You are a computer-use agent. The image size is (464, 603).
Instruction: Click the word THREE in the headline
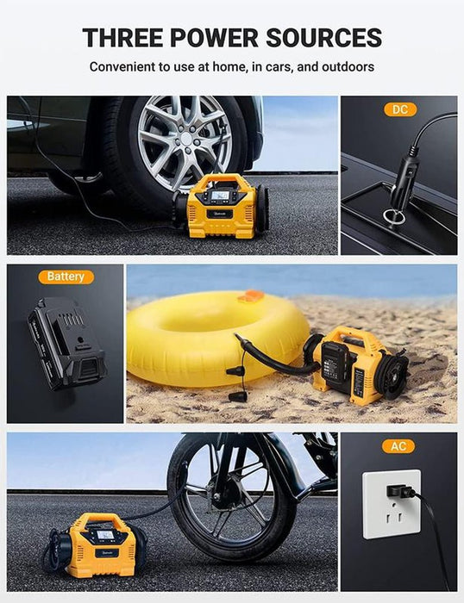click(122, 38)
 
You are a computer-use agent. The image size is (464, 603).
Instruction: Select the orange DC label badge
click(400, 109)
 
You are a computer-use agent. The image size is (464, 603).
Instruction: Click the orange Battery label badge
click(66, 277)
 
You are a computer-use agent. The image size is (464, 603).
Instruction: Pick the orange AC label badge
click(398, 446)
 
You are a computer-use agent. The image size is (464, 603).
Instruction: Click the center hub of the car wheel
click(186, 140)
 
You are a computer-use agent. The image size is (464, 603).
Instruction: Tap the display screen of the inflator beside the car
click(219, 196)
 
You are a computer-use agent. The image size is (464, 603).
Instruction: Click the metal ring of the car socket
click(393, 216)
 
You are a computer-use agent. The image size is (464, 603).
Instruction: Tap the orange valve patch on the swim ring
click(251, 295)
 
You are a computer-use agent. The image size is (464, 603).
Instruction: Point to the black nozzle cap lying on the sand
click(237, 397)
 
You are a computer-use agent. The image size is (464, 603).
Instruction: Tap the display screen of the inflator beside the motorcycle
click(104, 535)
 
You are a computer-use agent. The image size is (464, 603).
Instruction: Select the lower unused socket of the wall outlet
click(392, 517)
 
